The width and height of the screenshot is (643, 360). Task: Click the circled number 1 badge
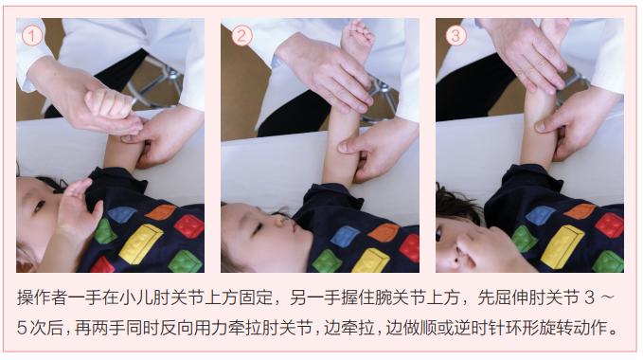click(33, 36)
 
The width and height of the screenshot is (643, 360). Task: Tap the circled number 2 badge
click(243, 36)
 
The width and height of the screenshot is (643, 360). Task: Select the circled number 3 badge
click(456, 36)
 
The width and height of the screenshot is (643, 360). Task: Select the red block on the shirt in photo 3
click(607, 225)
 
